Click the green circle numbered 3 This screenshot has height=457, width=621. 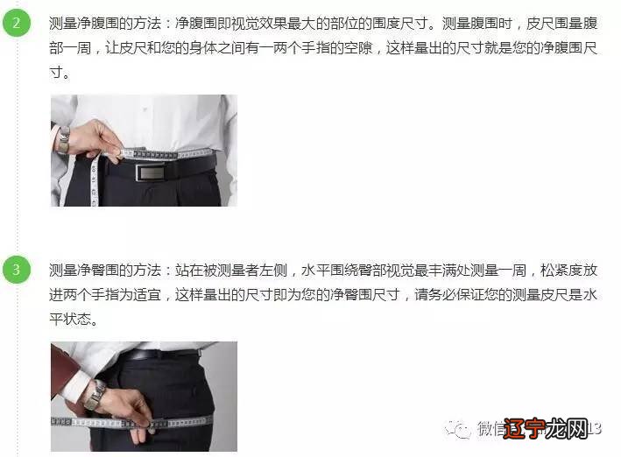[x=16, y=270]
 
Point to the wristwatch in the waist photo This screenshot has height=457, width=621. [x=64, y=139]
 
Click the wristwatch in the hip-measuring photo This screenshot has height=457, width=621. [x=95, y=395]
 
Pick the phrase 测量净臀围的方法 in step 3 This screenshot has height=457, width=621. [x=99, y=271]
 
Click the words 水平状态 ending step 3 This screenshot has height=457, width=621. [x=77, y=320]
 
